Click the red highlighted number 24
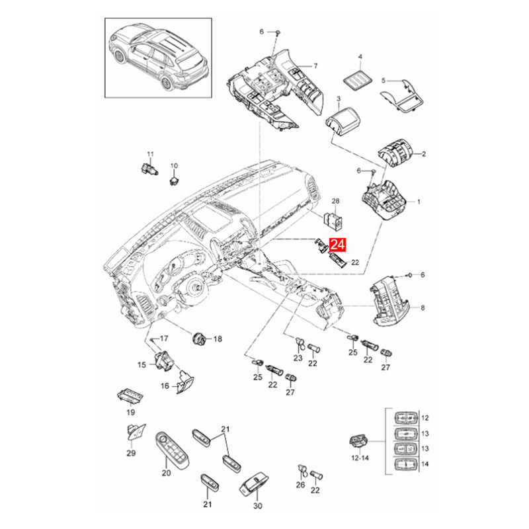[x=338, y=245]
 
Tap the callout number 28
[x=335, y=200]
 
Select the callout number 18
[x=218, y=339]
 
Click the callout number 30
[x=258, y=506]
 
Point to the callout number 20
[x=166, y=473]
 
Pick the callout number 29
[x=131, y=453]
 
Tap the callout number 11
[x=150, y=154]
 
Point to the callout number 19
[x=130, y=412]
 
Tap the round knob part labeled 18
[x=198, y=339]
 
